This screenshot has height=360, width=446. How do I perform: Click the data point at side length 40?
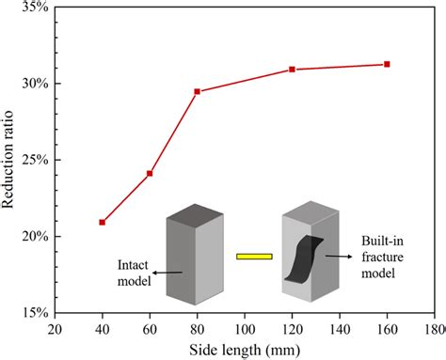point(102,222)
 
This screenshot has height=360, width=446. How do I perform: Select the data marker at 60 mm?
point(150,174)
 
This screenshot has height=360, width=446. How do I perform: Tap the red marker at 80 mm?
point(197,91)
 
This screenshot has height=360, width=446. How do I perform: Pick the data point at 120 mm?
point(292,70)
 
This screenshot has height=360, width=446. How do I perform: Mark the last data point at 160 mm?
point(387,64)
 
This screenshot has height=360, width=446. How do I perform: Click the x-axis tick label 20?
point(55,330)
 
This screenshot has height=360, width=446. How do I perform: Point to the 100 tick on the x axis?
point(244,330)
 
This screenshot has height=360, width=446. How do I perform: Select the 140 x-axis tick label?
point(339,330)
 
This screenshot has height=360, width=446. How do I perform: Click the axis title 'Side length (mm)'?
point(244,350)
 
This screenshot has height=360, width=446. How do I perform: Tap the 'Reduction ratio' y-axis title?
point(10,160)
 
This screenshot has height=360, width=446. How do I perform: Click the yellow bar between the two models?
point(253,256)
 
